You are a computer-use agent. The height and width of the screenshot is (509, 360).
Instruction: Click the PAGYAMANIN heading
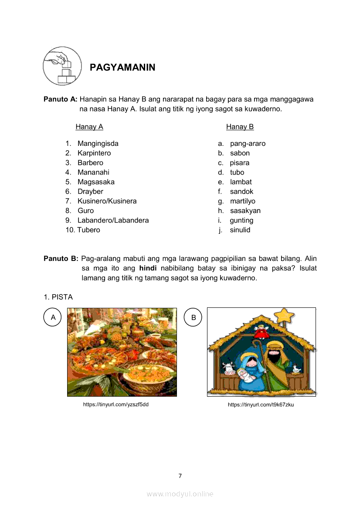(122, 67)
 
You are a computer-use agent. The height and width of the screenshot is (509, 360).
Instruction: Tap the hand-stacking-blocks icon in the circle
(62, 66)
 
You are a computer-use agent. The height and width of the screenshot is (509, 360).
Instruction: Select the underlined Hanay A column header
(89, 127)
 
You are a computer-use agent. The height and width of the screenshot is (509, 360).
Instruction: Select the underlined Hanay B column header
(240, 127)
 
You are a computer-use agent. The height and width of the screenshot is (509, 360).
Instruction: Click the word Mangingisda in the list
(98, 144)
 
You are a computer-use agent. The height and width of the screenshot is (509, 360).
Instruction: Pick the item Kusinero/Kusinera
(107, 201)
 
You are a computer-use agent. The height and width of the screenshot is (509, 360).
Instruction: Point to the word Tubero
(89, 230)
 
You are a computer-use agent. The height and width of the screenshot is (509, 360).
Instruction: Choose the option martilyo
(243, 201)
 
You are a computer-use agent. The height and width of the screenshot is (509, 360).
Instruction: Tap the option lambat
(241, 182)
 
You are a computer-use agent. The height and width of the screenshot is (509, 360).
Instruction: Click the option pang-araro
(248, 144)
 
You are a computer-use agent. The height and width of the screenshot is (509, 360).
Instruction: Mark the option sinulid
(240, 230)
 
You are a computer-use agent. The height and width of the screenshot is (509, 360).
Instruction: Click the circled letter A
(53, 317)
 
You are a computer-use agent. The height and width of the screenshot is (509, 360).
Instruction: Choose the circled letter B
(194, 317)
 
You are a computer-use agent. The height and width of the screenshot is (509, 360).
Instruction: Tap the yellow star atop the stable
(286, 314)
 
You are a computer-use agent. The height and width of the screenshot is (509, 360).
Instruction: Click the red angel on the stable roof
(262, 331)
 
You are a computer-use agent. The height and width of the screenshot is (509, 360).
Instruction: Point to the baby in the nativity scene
(246, 375)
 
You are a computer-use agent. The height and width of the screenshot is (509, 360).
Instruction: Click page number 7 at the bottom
(180, 475)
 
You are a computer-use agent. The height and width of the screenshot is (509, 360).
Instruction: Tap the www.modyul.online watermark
(180, 494)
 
